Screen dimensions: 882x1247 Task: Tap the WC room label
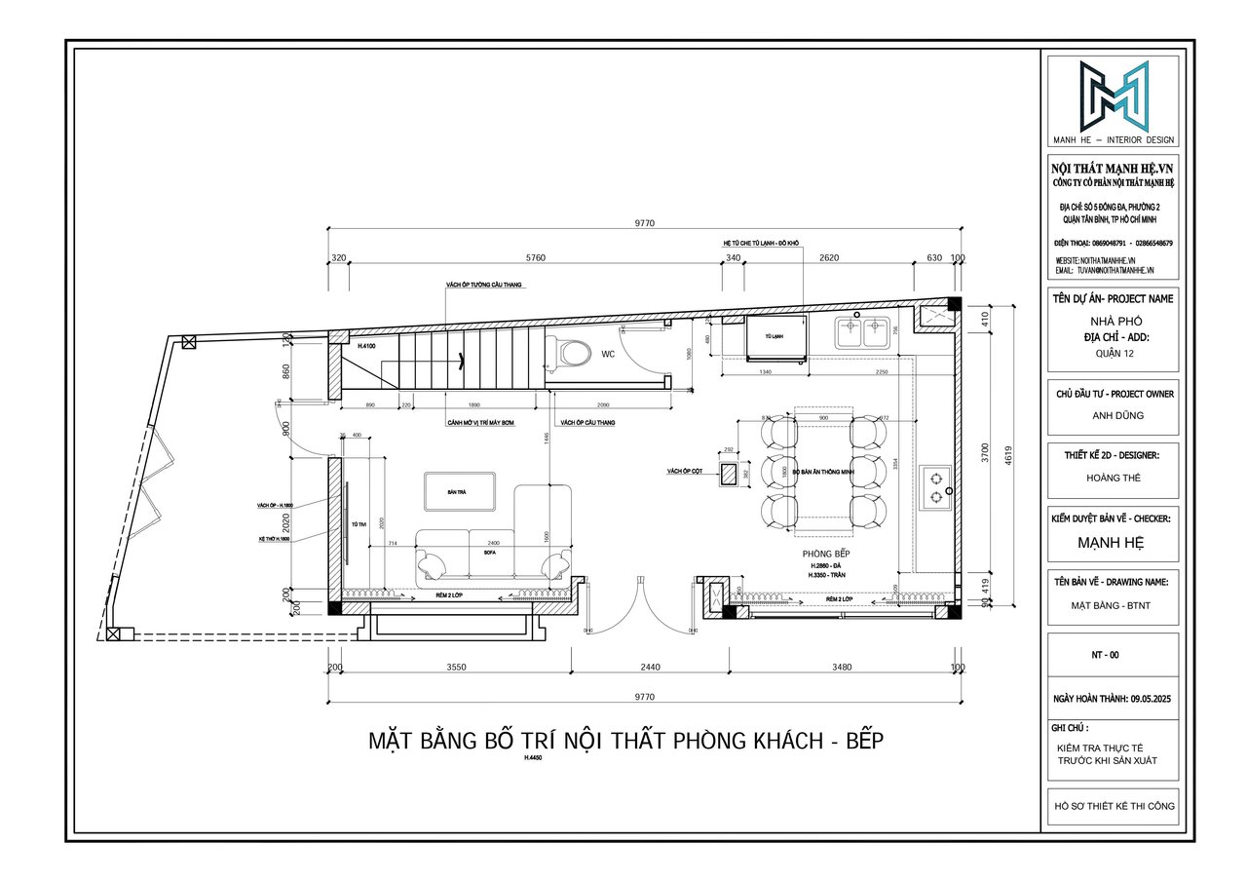click(x=608, y=354)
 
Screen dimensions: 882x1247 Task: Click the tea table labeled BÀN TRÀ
click(x=460, y=492)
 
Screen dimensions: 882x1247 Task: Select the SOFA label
click(x=490, y=552)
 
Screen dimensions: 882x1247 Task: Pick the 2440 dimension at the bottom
click(x=650, y=668)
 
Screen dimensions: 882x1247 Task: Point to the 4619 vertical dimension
click(x=1010, y=452)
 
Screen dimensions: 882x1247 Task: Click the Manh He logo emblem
click(x=1113, y=96)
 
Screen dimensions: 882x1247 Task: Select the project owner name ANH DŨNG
click(x=1113, y=415)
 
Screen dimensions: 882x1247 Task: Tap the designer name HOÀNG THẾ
click(x=1113, y=478)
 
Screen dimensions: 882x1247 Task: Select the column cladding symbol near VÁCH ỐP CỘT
click(x=728, y=475)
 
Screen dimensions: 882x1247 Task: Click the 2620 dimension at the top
click(x=828, y=258)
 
